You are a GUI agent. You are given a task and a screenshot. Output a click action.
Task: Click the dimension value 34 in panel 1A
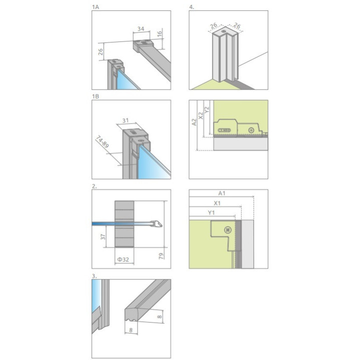click(140, 28)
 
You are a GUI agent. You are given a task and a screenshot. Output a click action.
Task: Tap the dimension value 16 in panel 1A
click(159, 34)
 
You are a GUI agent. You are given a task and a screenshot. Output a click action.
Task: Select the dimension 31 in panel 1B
click(125, 120)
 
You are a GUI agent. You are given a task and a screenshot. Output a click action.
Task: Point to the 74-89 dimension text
click(102, 141)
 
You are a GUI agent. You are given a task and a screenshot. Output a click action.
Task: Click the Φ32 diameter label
click(123, 259)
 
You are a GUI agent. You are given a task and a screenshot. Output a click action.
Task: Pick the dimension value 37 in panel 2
click(103, 236)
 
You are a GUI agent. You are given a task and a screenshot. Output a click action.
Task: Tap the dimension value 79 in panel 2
click(161, 256)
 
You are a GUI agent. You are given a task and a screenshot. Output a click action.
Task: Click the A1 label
click(221, 193)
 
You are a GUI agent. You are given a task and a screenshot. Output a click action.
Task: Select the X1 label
click(217, 203)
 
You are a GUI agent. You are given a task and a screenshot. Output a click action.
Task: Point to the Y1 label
click(211, 212)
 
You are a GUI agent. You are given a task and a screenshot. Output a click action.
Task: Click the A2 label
click(194, 122)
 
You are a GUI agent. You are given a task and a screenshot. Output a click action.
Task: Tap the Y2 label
click(206, 109)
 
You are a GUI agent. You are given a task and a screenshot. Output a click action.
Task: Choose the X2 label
click(200, 115)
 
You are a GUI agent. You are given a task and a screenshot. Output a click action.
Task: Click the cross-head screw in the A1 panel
click(228, 230)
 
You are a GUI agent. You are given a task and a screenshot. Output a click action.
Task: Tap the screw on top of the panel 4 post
click(223, 31)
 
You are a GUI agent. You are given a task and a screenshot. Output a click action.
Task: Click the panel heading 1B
click(95, 96)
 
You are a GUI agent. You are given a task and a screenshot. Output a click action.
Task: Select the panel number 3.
click(94, 276)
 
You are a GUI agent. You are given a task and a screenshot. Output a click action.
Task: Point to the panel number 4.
click(191, 7)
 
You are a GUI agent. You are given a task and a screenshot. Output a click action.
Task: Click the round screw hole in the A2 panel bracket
click(251, 130)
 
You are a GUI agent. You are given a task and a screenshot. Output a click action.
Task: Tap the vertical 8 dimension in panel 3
click(159, 316)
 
